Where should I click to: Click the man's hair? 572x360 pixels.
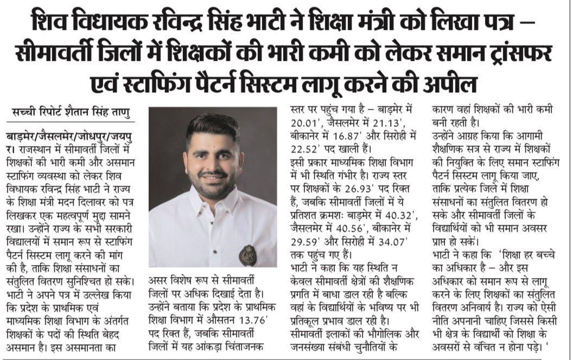pyautogui.click(x=212, y=126)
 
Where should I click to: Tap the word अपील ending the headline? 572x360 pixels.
pyautogui.click(x=452, y=85)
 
